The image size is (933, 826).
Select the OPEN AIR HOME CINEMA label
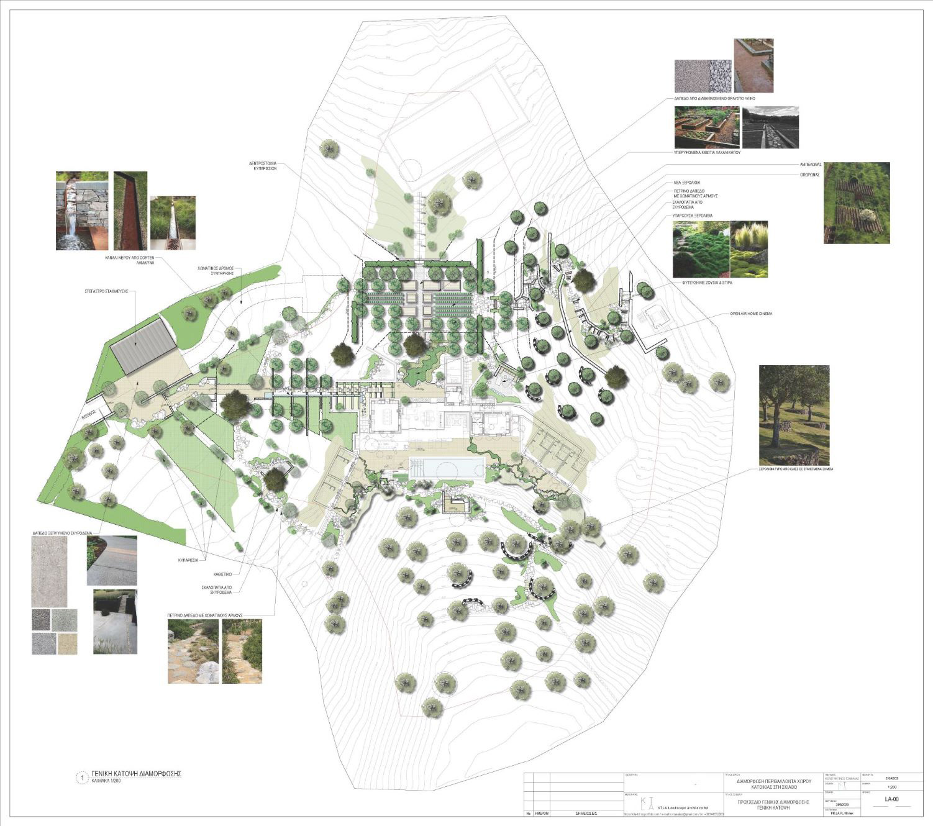point(752,314)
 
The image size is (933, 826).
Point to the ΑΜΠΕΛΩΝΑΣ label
point(810,165)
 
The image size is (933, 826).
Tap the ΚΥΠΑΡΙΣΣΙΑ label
point(186,560)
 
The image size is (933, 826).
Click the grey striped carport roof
point(143,348)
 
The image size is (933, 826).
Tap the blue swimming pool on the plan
point(447,468)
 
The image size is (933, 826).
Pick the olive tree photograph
point(794,415)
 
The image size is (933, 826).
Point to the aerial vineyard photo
point(856,202)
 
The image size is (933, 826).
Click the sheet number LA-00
point(891,799)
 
